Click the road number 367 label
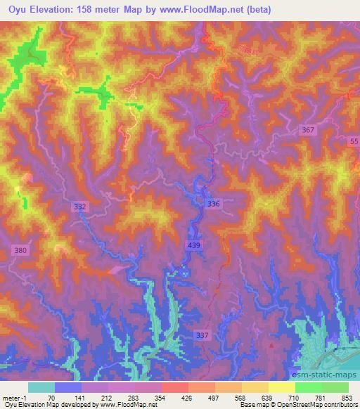[307, 131]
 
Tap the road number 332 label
[80, 207]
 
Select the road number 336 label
[214, 204]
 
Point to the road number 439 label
[194, 244]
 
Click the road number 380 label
[20, 250]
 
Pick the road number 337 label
[202, 336]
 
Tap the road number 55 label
[353, 142]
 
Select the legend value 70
[51, 397]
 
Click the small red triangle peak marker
[271, 346]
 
